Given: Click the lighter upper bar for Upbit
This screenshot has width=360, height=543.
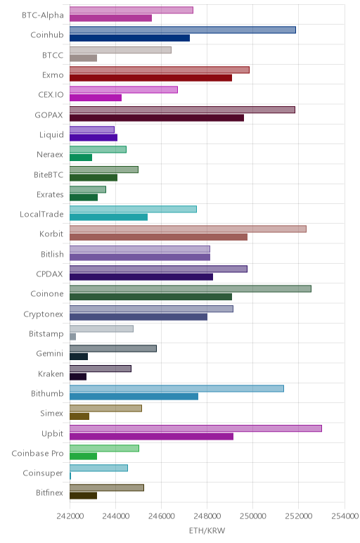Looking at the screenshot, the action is pyautogui.click(x=195, y=428).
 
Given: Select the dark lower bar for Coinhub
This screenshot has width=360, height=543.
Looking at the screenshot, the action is pyautogui.click(x=129, y=38).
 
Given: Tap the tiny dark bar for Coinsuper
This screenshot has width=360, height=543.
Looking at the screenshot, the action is pyautogui.click(x=70, y=476).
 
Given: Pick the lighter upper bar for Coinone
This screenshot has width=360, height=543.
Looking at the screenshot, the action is pyautogui.click(x=191, y=289).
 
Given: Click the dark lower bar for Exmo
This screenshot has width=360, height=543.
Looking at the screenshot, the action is pyautogui.click(x=150, y=78).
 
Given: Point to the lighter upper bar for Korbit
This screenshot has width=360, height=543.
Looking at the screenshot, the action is pyautogui.click(x=188, y=229).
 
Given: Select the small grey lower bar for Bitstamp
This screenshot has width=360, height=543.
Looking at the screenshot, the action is pyautogui.click(x=72, y=337).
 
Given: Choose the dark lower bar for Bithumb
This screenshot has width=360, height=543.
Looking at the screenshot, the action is pyautogui.click(x=134, y=397).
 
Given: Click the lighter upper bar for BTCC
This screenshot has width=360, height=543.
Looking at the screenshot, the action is pyautogui.click(x=120, y=50).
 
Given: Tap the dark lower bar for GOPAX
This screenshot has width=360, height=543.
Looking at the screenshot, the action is pyautogui.click(x=157, y=117).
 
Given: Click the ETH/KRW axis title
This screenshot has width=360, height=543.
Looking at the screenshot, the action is pyautogui.click(x=207, y=530).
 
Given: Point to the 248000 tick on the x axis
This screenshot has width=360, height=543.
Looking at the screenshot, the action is pyautogui.click(x=207, y=516).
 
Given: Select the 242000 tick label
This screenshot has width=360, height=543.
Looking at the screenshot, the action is pyautogui.click(x=70, y=516).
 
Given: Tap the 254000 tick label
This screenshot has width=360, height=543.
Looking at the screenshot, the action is pyautogui.click(x=345, y=516).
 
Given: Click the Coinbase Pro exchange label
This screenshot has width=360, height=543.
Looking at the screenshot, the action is pyautogui.click(x=37, y=453).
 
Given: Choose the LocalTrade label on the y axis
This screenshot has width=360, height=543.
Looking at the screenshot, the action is pyautogui.click(x=41, y=215).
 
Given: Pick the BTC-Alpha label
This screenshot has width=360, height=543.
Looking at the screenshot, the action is pyautogui.click(x=43, y=15).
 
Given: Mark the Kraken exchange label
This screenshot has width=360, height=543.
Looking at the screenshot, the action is pyautogui.click(x=51, y=374).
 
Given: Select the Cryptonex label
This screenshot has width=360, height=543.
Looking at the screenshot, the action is pyautogui.click(x=44, y=314).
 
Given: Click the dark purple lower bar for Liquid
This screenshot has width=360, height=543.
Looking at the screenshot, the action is pyautogui.click(x=94, y=137).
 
